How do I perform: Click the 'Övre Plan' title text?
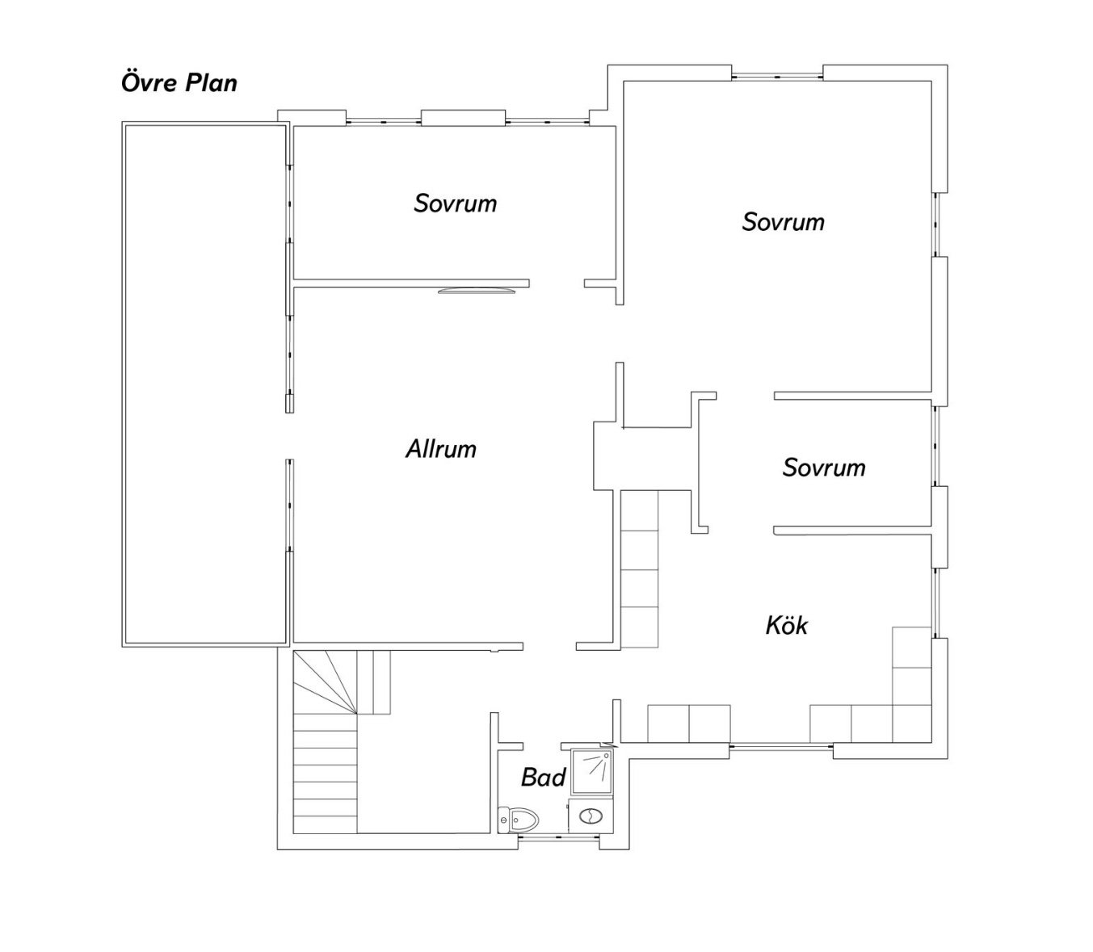[179, 83]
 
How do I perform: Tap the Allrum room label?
[441, 449]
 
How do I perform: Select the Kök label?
[786, 625]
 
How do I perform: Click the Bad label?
[544, 778]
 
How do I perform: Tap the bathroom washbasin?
[591, 816]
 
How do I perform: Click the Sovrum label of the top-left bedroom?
[455, 203]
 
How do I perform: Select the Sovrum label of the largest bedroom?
[783, 222]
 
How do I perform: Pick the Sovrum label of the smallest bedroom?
[824, 468]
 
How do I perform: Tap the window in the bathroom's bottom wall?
[559, 837]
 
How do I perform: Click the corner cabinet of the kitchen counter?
[912, 723]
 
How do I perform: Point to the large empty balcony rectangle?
[206, 384]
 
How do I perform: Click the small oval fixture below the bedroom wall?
[477, 291]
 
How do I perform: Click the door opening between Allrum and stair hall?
[549, 646]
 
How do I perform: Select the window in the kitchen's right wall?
[935, 603]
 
